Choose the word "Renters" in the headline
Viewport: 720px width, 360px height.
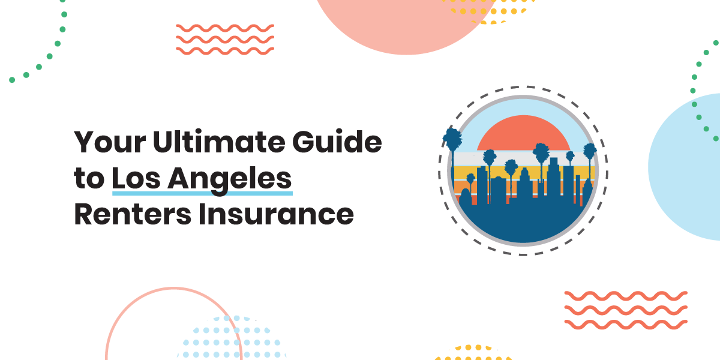point(130,214)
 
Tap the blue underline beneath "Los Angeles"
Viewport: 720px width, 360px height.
point(202,193)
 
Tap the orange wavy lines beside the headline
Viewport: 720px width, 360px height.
point(225,38)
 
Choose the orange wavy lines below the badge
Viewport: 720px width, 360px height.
point(626,310)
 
